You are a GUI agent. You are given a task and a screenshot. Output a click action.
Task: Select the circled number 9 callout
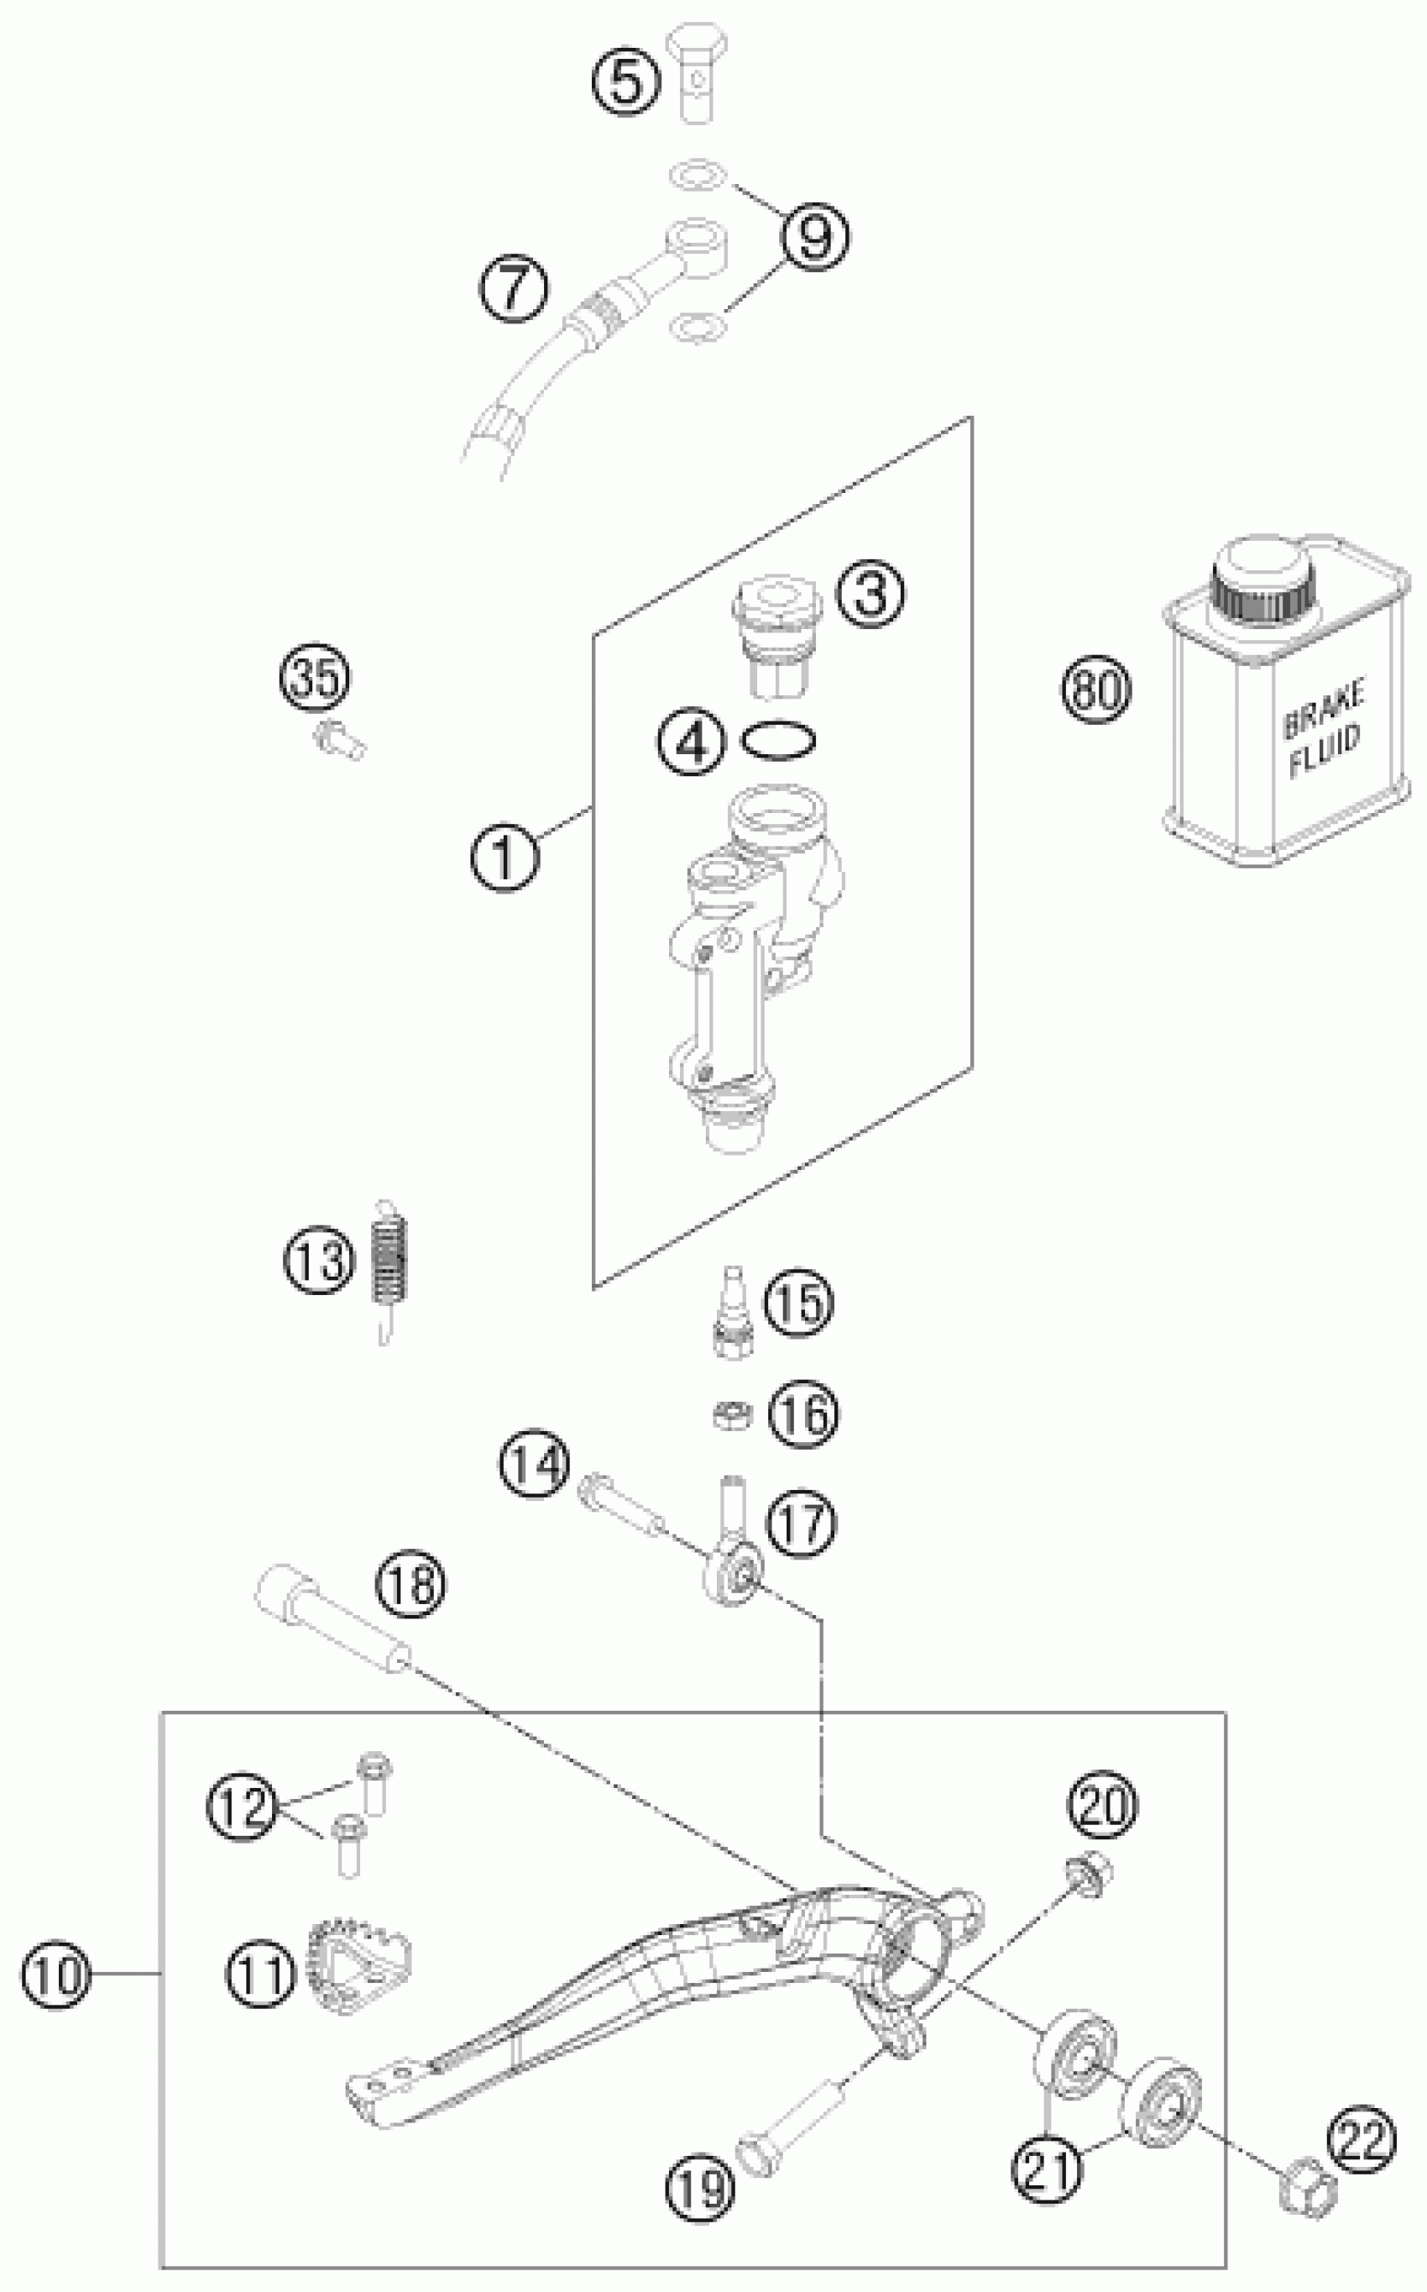(x=813, y=236)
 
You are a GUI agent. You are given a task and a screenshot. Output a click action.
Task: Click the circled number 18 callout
(x=411, y=1584)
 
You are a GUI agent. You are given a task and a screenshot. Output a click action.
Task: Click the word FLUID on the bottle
(x=1326, y=753)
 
